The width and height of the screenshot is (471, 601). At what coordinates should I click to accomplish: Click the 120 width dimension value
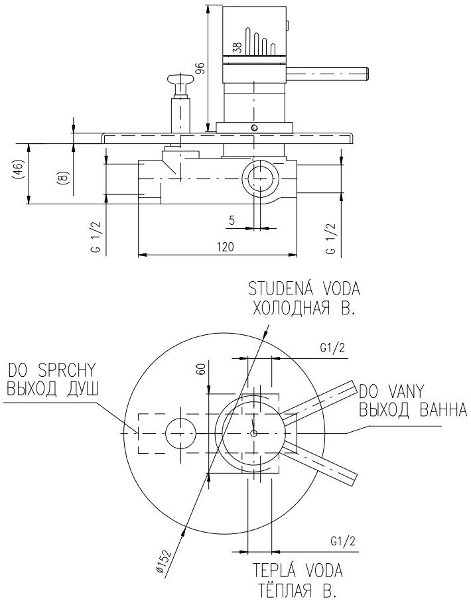pyautogui.click(x=226, y=247)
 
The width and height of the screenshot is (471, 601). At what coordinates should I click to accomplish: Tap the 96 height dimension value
pyautogui.click(x=201, y=69)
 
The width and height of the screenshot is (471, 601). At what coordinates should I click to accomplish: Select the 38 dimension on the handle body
pyautogui.click(x=237, y=48)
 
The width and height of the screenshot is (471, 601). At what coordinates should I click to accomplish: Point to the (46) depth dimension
pyautogui.click(x=19, y=169)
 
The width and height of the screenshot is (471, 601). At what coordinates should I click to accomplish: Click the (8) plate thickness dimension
pyautogui.click(x=64, y=178)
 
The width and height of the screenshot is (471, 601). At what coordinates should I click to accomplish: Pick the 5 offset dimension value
pyautogui.click(x=232, y=220)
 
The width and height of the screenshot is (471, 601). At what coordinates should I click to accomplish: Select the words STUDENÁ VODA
pyautogui.click(x=304, y=289)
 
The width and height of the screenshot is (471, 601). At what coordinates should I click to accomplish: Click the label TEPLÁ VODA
pyautogui.click(x=297, y=570)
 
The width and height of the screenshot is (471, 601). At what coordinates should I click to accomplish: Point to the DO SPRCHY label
pyautogui.click(x=52, y=370)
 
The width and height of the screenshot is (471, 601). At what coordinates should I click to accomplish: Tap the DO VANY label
pyautogui.click(x=391, y=391)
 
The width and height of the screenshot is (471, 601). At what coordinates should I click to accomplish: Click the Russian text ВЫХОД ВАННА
pyautogui.click(x=413, y=411)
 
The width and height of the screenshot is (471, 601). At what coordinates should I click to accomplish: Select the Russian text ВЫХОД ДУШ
pyautogui.click(x=52, y=389)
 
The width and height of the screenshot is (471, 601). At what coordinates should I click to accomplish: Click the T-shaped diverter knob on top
pyautogui.click(x=182, y=80)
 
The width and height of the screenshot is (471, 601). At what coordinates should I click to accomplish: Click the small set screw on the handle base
pyautogui.click(x=253, y=127)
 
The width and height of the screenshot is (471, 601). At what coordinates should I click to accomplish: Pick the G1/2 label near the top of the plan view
pyautogui.click(x=332, y=348)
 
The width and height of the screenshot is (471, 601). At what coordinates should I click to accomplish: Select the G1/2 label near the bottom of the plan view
pyautogui.click(x=342, y=541)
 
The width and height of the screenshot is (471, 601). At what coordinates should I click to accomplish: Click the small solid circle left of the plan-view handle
pyautogui.click(x=180, y=433)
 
